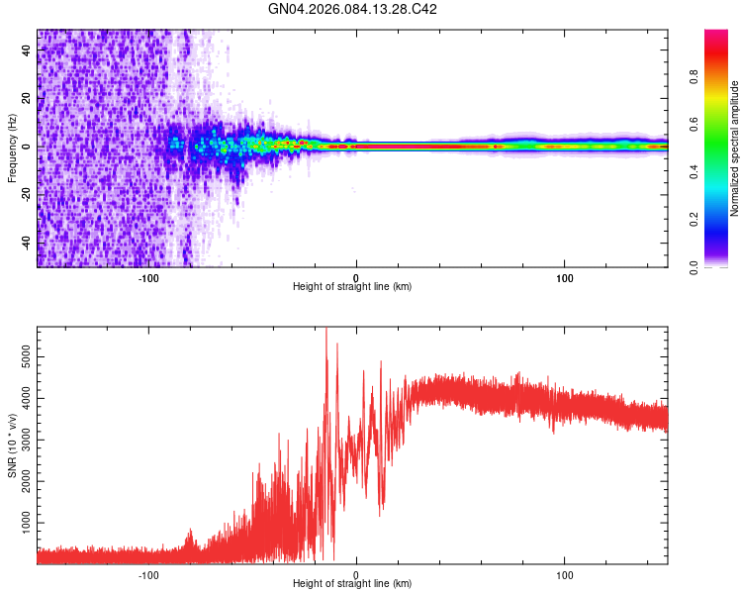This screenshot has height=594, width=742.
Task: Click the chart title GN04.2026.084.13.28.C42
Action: click(353, 9)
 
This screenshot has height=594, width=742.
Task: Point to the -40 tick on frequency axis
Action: click(28, 243)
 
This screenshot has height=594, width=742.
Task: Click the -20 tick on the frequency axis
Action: click(28, 195)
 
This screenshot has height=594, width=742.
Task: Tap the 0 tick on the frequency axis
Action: click(28, 147)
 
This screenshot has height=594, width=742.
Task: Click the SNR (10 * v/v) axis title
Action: click(12, 445)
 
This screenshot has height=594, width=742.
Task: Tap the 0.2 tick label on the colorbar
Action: click(721, 219)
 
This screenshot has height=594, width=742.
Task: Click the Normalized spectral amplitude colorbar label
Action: click(735, 148)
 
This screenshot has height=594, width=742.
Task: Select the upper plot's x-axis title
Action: click(352, 286)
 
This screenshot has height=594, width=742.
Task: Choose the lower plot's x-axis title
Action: click(352, 583)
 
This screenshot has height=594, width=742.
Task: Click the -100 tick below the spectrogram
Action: click(148, 277)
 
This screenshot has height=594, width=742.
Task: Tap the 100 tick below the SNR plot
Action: click(565, 574)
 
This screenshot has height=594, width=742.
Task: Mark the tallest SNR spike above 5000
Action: click(326, 331)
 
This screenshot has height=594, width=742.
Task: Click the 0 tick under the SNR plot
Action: click(357, 574)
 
